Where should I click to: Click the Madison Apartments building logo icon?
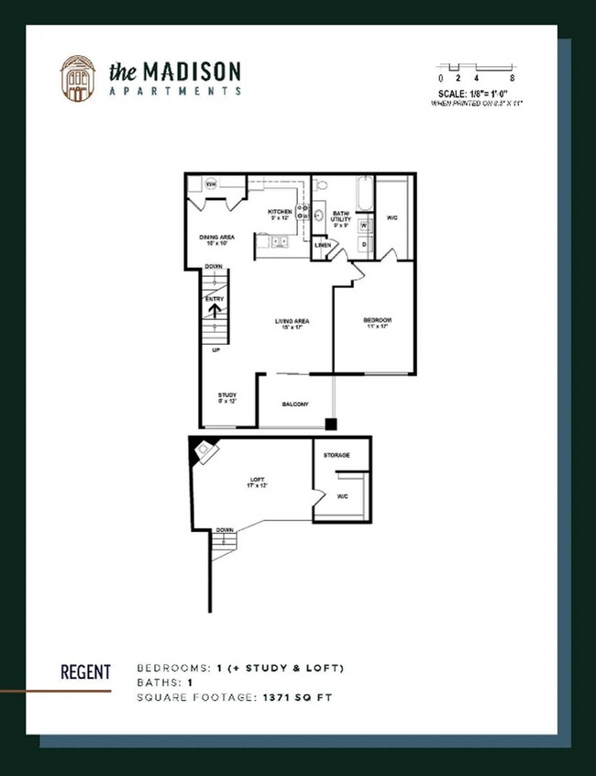pos(77,78)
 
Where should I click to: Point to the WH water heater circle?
pos(210,184)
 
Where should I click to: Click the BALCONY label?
pos(295,405)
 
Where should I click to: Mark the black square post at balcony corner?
pos(331,424)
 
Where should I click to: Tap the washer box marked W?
pos(364,225)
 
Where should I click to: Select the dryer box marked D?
pos(364,244)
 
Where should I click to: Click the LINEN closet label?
pos(323,245)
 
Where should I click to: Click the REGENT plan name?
pos(85,672)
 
